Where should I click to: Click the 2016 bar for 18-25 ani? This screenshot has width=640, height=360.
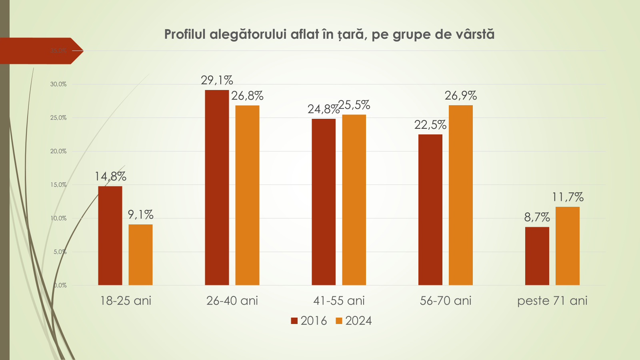coord(110,236)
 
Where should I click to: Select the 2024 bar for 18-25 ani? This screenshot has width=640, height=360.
coord(140,255)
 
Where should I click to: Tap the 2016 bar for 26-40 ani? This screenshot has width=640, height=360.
coord(217,188)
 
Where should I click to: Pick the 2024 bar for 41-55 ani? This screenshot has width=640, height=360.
coord(354,200)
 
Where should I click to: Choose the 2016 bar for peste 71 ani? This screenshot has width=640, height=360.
coord(537,256)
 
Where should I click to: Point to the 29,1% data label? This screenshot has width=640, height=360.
coord(217,80)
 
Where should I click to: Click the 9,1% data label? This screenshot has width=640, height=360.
coord(140,215)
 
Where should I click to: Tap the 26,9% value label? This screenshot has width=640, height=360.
coord(461,96)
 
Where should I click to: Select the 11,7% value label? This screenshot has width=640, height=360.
coord(568,197)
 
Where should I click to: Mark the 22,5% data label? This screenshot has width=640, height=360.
coord(430,125)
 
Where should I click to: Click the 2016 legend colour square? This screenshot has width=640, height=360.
coord(294,321)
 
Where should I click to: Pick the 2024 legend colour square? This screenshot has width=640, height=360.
coord(339,321)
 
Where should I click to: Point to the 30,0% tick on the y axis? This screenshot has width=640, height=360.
coord(58,84)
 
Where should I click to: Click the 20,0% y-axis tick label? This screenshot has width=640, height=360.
coord(58,151)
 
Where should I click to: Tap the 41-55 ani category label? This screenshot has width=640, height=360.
coord(339,301)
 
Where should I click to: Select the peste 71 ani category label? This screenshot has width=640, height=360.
coord(552,301)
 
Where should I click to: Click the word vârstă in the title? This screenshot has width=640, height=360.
coord(475,34)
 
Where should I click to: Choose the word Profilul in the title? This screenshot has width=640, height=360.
coord(185,34)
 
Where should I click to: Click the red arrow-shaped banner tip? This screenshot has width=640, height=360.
coord(78,51)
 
